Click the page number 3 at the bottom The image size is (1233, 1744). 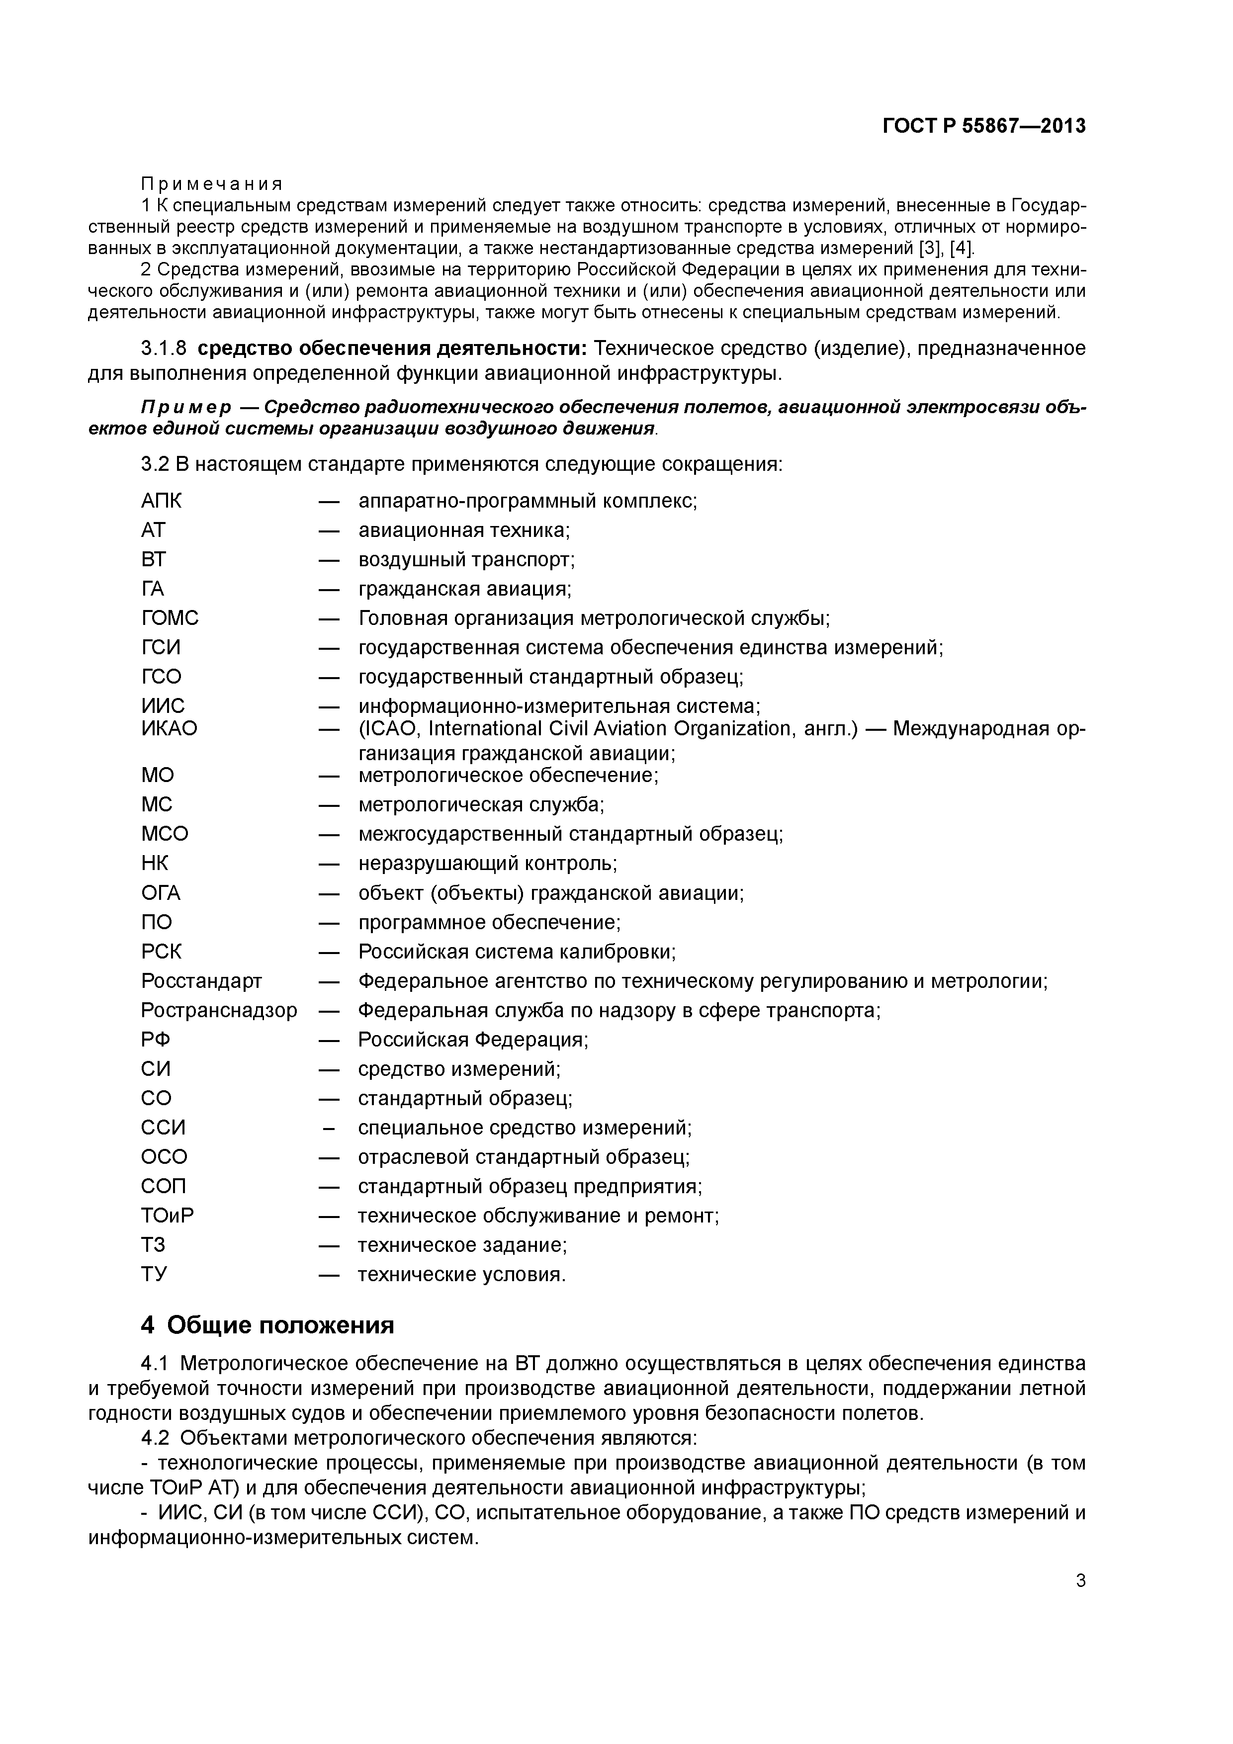click(1080, 1581)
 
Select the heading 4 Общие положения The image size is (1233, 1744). click(267, 1325)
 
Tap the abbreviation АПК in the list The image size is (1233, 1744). click(161, 501)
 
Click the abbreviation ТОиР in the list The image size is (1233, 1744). click(167, 1216)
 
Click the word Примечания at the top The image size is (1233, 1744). click(211, 184)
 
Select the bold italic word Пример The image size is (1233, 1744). click(186, 408)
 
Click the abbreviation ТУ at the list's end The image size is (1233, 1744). click(154, 1274)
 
